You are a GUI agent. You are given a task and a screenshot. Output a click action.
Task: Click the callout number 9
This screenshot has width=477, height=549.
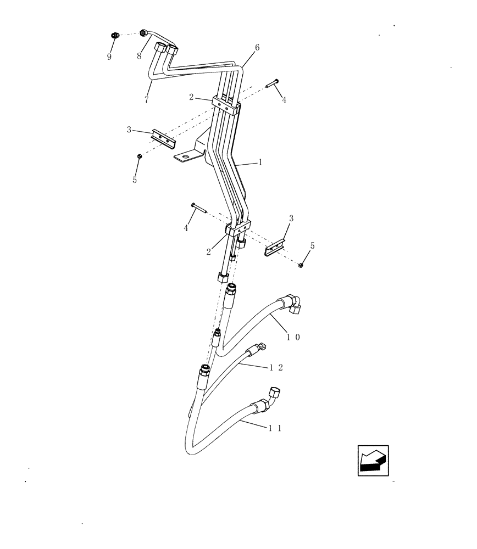tap(109, 57)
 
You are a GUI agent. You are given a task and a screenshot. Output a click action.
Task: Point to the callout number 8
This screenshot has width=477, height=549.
tap(140, 55)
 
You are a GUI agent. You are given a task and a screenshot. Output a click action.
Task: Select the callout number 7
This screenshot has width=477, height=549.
tap(147, 100)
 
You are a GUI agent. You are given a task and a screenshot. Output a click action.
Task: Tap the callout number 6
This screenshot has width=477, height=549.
tap(257, 48)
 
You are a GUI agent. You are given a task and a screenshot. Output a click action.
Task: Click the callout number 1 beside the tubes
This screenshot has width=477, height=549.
tap(260, 163)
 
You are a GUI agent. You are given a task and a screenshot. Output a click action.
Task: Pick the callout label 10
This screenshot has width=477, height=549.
tap(293, 338)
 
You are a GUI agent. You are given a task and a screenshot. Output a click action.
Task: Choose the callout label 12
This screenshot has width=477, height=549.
tap(276, 367)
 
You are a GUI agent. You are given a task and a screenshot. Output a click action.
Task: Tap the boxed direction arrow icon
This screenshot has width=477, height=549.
tap(373, 460)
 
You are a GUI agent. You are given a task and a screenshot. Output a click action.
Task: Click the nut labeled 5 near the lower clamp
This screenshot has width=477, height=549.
tap(301, 266)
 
